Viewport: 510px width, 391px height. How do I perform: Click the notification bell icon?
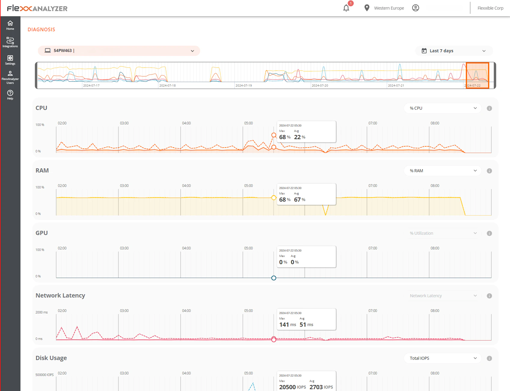(x=346, y=8)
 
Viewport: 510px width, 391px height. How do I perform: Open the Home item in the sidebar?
(x=10, y=25)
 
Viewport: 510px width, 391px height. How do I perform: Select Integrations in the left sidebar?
(x=10, y=42)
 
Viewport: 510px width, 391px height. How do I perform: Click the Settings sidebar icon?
(x=10, y=60)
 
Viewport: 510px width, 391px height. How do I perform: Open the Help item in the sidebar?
(x=10, y=94)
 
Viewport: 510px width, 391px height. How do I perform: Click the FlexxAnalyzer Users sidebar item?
(x=10, y=77)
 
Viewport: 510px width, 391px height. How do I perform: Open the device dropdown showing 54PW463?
(x=119, y=51)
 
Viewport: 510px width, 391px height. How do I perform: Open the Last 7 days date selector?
(x=454, y=51)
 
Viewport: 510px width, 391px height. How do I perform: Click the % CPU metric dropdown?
(x=442, y=108)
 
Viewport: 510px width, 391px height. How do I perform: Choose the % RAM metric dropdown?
(x=442, y=171)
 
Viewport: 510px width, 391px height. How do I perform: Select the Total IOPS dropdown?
(x=442, y=358)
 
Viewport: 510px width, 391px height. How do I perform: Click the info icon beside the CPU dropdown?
(x=489, y=108)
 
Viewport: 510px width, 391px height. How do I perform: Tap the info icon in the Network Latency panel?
(x=489, y=296)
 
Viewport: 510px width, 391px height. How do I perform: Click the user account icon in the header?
(x=415, y=8)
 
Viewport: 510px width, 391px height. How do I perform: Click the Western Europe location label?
(x=389, y=8)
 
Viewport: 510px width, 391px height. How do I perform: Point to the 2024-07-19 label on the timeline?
(x=243, y=86)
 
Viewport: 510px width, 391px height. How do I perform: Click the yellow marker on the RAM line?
(x=273, y=198)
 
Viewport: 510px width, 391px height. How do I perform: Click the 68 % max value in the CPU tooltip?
(x=284, y=137)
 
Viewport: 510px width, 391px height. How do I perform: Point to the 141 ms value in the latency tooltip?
(x=287, y=325)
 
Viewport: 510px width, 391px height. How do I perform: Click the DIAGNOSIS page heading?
(x=41, y=29)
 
